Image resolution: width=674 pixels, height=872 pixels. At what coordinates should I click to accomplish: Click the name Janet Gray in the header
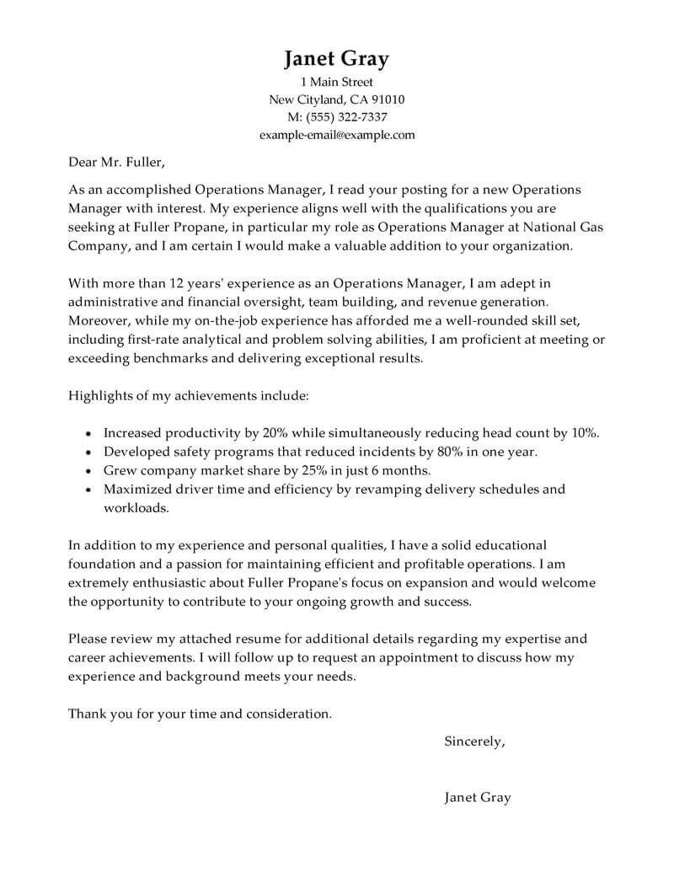pyautogui.click(x=336, y=58)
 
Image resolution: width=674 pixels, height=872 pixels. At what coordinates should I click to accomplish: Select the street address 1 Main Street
pyautogui.click(x=336, y=83)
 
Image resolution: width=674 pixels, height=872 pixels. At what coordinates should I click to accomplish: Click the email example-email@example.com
pyautogui.click(x=336, y=134)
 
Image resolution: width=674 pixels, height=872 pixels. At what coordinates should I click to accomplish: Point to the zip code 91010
pyautogui.click(x=387, y=99)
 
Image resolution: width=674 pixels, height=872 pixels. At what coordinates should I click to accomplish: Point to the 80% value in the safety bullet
pyautogui.click(x=437, y=452)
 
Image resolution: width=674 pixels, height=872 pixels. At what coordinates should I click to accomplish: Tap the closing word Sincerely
pyautogui.click(x=474, y=742)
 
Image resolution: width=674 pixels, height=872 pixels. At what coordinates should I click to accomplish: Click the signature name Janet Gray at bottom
pyautogui.click(x=477, y=797)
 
